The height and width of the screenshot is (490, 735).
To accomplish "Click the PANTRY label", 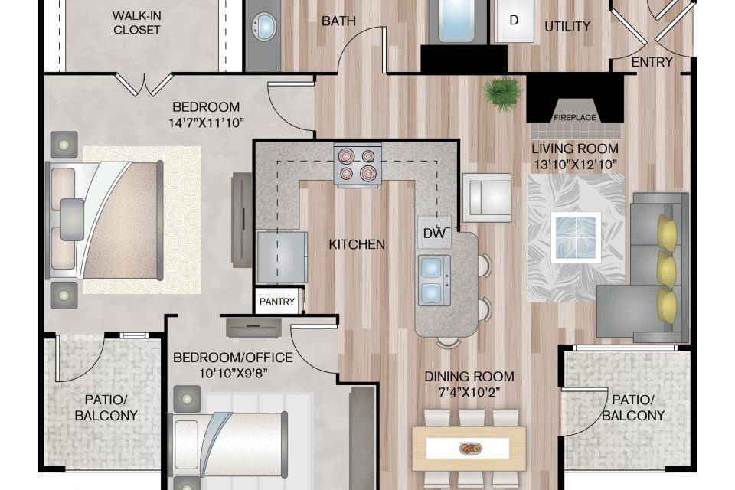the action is (277, 302).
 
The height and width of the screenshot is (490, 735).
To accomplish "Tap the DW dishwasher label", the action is (434, 233).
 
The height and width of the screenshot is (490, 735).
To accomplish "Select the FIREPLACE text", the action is (575, 118).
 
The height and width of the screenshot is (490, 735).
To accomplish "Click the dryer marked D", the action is (514, 21).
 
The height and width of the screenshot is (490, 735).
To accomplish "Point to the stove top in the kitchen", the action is (358, 165).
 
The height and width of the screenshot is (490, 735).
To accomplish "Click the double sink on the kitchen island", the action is (434, 280).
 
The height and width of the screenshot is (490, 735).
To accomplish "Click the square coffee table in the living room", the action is (576, 237).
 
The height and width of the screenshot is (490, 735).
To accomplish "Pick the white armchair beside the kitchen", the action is (487, 198).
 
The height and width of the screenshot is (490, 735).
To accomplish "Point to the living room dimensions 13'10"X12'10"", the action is (575, 165).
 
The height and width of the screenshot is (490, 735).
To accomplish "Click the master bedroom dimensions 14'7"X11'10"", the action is (206, 123).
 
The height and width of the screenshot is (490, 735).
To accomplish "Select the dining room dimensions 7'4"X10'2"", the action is (469, 391).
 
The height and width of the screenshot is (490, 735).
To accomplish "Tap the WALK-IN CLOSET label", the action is (136, 22).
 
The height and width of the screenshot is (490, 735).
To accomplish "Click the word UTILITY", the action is (567, 26).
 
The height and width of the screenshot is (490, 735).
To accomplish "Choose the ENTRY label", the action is (652, 62).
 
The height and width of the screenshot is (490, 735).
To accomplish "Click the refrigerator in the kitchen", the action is (283, 256).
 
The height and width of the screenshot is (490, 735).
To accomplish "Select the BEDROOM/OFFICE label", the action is (233, 358).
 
